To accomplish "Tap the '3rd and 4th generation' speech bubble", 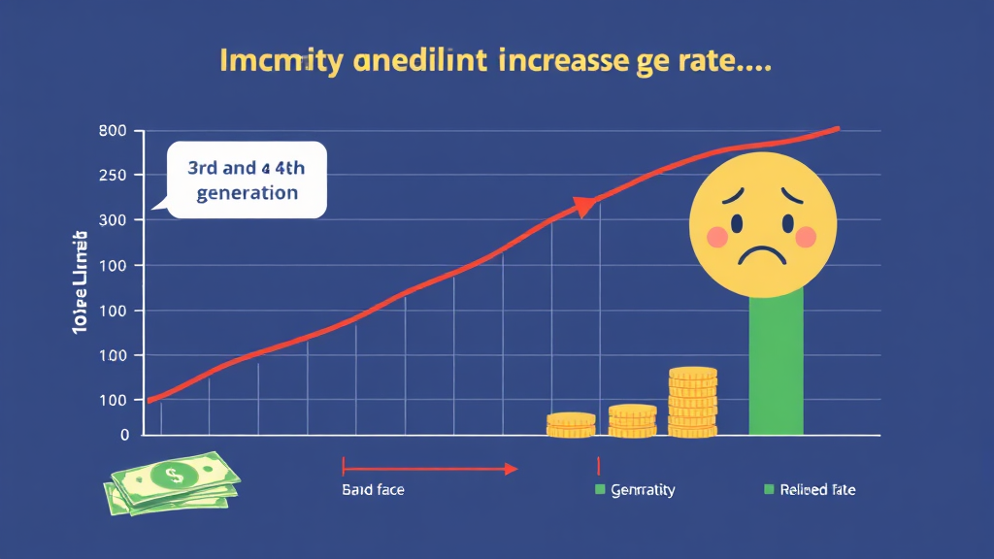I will (x=247, y=180).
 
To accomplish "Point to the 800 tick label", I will (x=114, y=131).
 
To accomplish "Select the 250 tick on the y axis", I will (x=114, y=176).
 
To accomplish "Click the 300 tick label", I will (x=114, y=220).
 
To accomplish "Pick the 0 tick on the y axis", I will (x=124, y=435).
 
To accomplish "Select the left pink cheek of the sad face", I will (x=715, y=236).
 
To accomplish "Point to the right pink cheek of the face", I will (x=805, y=236).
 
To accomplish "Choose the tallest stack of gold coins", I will (x=693, y=402).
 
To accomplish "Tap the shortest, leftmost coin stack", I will (x=571, y=424).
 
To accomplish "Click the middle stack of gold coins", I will (x=632, y=420).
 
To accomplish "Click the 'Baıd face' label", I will (x=373, y=490).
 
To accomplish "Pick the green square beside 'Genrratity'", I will (x=599, y=489).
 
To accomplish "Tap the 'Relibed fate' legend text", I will (x=817, y=490).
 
